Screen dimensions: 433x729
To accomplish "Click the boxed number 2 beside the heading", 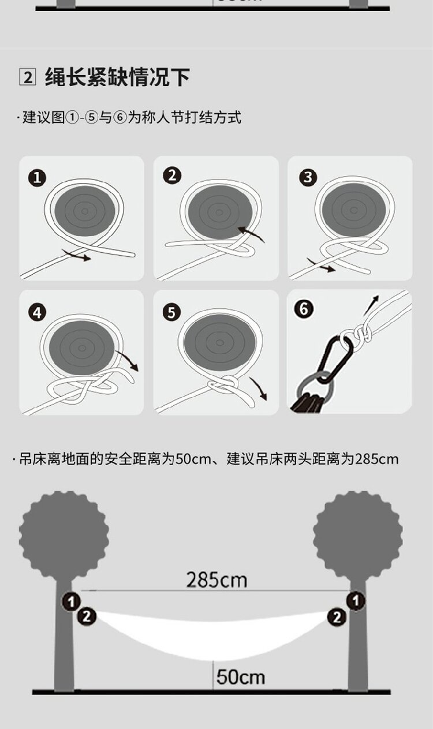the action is (x=27, y=77).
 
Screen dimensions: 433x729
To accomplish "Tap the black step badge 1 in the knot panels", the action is (x=37, y=178).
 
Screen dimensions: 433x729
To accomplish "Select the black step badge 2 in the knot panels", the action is (x=172, y=176).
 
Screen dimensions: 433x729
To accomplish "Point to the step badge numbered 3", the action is (x=308, y=177).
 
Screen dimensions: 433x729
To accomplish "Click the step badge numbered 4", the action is (x=37, y=313).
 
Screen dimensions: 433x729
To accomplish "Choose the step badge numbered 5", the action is (x=171, y=313).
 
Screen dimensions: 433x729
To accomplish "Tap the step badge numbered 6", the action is (x=304, y=308).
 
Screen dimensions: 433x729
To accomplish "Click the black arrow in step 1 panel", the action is (x=76, y=255).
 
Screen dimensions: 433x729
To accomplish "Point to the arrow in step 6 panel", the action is (x=371, y=305).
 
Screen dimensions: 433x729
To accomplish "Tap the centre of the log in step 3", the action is (x=354, y=210).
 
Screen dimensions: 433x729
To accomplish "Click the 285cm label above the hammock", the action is (x=216, y=580).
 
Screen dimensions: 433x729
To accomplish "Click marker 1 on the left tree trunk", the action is (x=71, y=602).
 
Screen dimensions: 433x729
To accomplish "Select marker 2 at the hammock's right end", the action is (x=337, y=616).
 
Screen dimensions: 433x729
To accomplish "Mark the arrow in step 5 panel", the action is (x=259, y=388).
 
